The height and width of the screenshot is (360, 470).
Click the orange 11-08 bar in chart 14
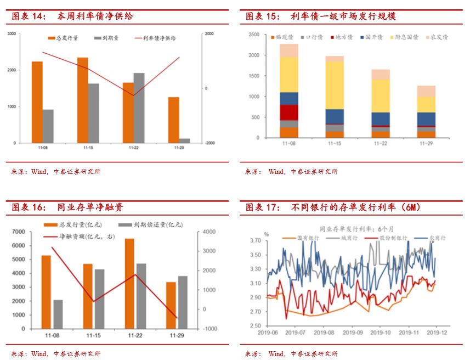[37, 102]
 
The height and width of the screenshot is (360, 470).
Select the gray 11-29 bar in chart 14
[184, 140]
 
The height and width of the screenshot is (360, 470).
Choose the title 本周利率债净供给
[95, 16]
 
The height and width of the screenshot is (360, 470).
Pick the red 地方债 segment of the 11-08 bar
[288, 112]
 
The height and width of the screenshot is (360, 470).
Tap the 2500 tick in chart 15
[253, 35]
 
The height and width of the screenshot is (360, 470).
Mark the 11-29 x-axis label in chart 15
[426, 143]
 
